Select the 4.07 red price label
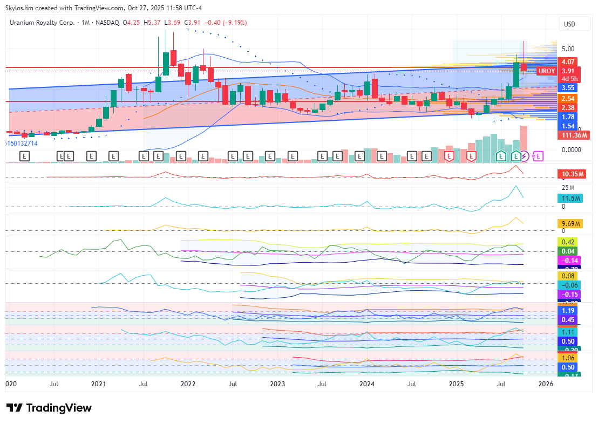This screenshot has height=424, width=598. click(x=568, y=61)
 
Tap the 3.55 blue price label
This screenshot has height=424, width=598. click(x=568, y=87)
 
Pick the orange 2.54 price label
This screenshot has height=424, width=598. click(x=568, y=99)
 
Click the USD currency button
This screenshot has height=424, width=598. click(x=569, y=24)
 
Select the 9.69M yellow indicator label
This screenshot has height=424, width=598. click(x=571, y=223)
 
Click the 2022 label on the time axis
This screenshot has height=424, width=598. click(x=188, y=384)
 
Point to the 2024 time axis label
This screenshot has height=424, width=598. click(x=367, y=384)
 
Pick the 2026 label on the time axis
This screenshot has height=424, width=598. click(x=546, y=384)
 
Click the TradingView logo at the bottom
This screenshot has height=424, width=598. click(x=49, y=408)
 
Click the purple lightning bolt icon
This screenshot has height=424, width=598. click(x=524, y=156)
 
